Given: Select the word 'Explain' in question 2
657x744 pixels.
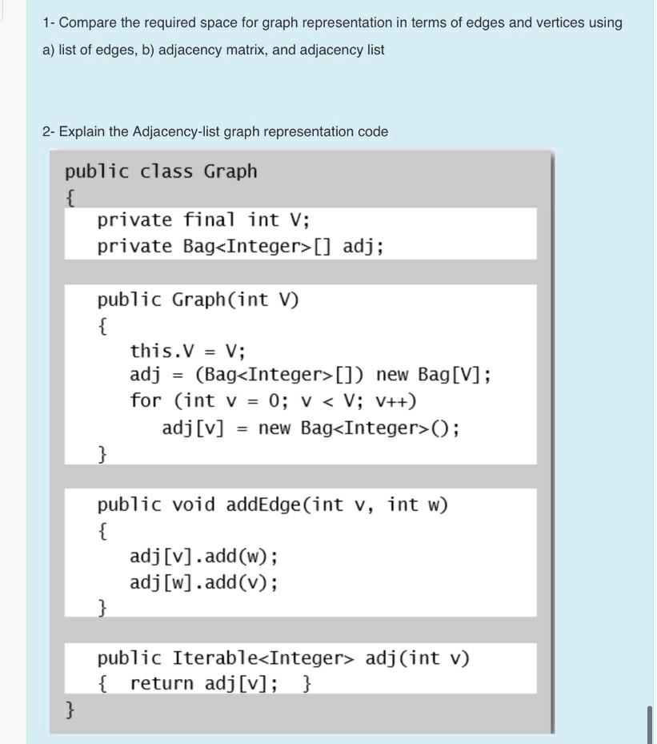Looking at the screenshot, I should coord(83,131).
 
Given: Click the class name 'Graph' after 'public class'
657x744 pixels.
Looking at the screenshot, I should coord(230,171).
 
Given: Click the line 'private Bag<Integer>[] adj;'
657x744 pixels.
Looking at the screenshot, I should coord(240,246).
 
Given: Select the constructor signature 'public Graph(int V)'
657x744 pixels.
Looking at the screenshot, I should coord(198,300).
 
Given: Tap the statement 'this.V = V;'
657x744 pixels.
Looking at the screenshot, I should coord(187,351).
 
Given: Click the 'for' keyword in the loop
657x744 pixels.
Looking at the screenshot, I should coord(145,400).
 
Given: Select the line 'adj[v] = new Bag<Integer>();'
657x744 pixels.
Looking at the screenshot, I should coord(310,428).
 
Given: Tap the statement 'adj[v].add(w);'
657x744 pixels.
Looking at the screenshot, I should coord(204,556).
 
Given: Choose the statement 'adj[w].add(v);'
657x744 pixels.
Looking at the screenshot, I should coord(204,582).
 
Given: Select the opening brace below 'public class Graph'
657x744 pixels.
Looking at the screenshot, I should coord(71,197).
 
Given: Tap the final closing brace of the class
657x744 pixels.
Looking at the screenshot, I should coord(71,709).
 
